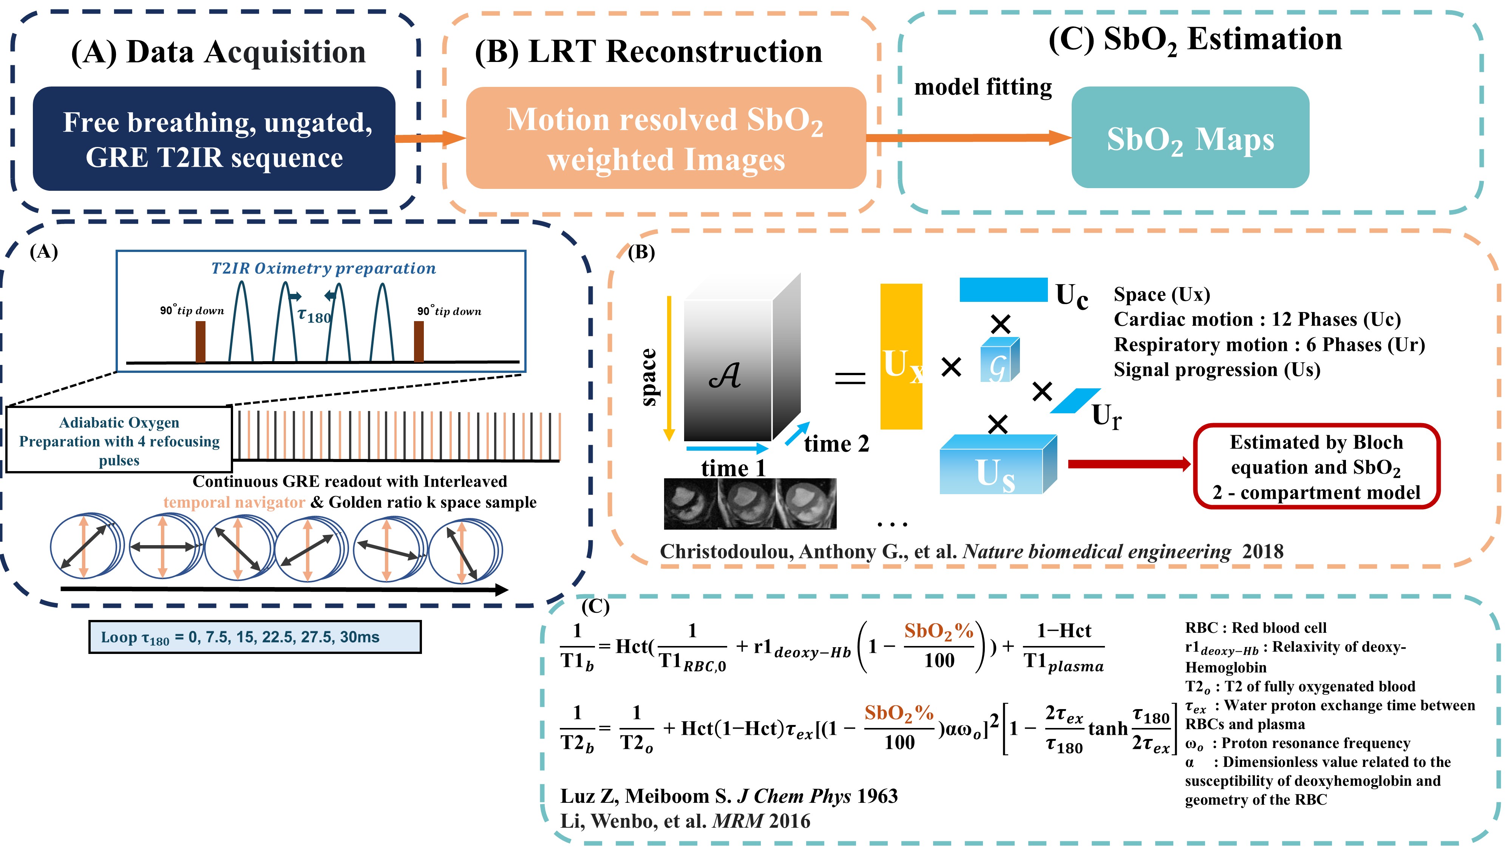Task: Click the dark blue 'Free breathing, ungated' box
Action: click(214, 139)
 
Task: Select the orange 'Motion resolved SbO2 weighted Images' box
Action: click(666, 138)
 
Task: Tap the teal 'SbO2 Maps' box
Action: click(1190, 138)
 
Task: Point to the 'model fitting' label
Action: click(983, 87)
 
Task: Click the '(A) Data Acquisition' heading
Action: click(218, 52)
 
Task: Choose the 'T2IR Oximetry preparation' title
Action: click(323, 268)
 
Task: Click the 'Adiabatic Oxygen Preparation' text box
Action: click(119, 440)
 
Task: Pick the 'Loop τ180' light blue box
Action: click(255, 637)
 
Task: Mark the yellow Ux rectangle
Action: click(901, 357)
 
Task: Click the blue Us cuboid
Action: click(997, 465)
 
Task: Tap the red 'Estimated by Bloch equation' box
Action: click(1316, 466)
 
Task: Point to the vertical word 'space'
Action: click(648, 377)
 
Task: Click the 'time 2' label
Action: click(836, 444)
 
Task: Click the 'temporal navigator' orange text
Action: click(234, 502)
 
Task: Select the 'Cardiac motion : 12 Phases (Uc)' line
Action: click(1257, 319)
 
